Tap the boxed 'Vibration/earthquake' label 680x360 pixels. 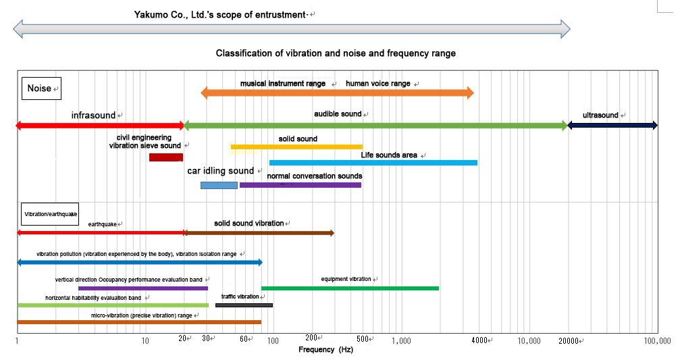[x=51, y=214]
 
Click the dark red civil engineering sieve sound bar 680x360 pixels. [x=165, y=157]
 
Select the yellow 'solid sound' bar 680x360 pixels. [x=296, y=147]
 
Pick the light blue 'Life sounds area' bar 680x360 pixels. [x=373, y=163]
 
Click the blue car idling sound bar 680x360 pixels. [x=219, y=185]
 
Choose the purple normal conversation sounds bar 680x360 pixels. [x=300, y=185]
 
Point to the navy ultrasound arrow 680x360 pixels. [x=613, y=126]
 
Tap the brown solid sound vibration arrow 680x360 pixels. [x=259, y=233]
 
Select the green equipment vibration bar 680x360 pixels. [x=350, y=288]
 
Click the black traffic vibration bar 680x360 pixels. [x=244, y=305]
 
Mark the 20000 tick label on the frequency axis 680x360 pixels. [x=569, y=340]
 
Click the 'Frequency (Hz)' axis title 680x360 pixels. [x=325, y=350]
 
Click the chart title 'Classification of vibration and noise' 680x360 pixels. [x=336, y=53]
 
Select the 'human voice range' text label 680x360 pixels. [x=377, y=84]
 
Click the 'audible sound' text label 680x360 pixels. [x=338, y=114]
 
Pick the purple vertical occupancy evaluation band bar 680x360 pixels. [x=143, y=288]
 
